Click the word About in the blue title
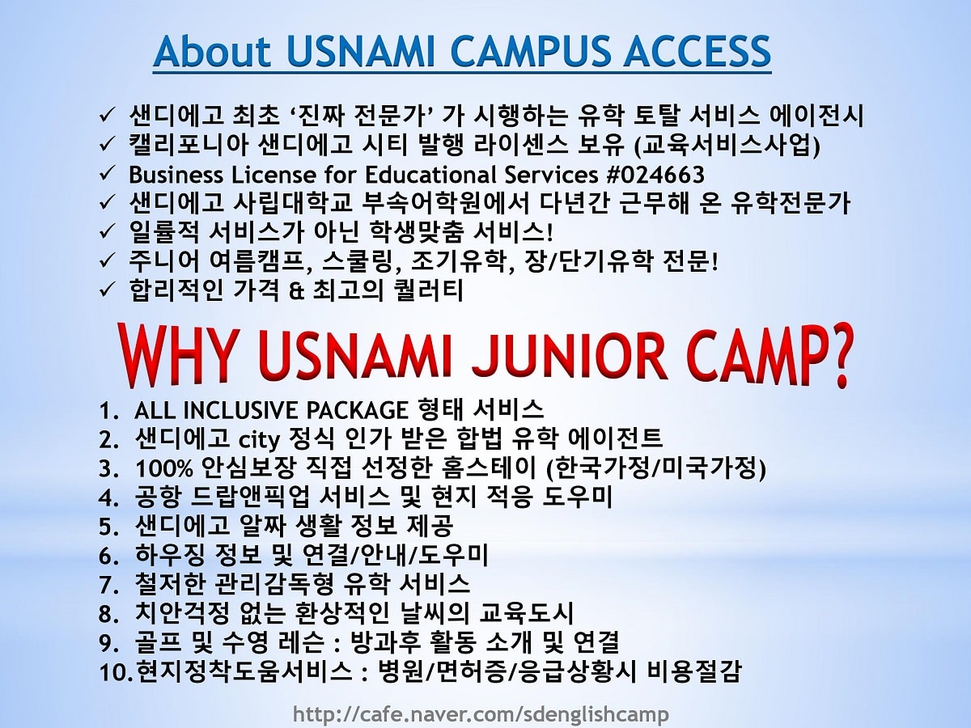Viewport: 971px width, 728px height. (x=212, y=51)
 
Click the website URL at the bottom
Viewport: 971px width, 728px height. (x=481, y=714)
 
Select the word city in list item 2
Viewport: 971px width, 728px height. (x=260, y=440)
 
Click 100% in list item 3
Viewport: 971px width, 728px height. (x=164, y=468)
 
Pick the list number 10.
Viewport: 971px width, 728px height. (x=116, y=672)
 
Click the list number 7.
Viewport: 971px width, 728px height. (x=108, y=585)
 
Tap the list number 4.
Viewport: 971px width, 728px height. (x=108, y=497)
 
